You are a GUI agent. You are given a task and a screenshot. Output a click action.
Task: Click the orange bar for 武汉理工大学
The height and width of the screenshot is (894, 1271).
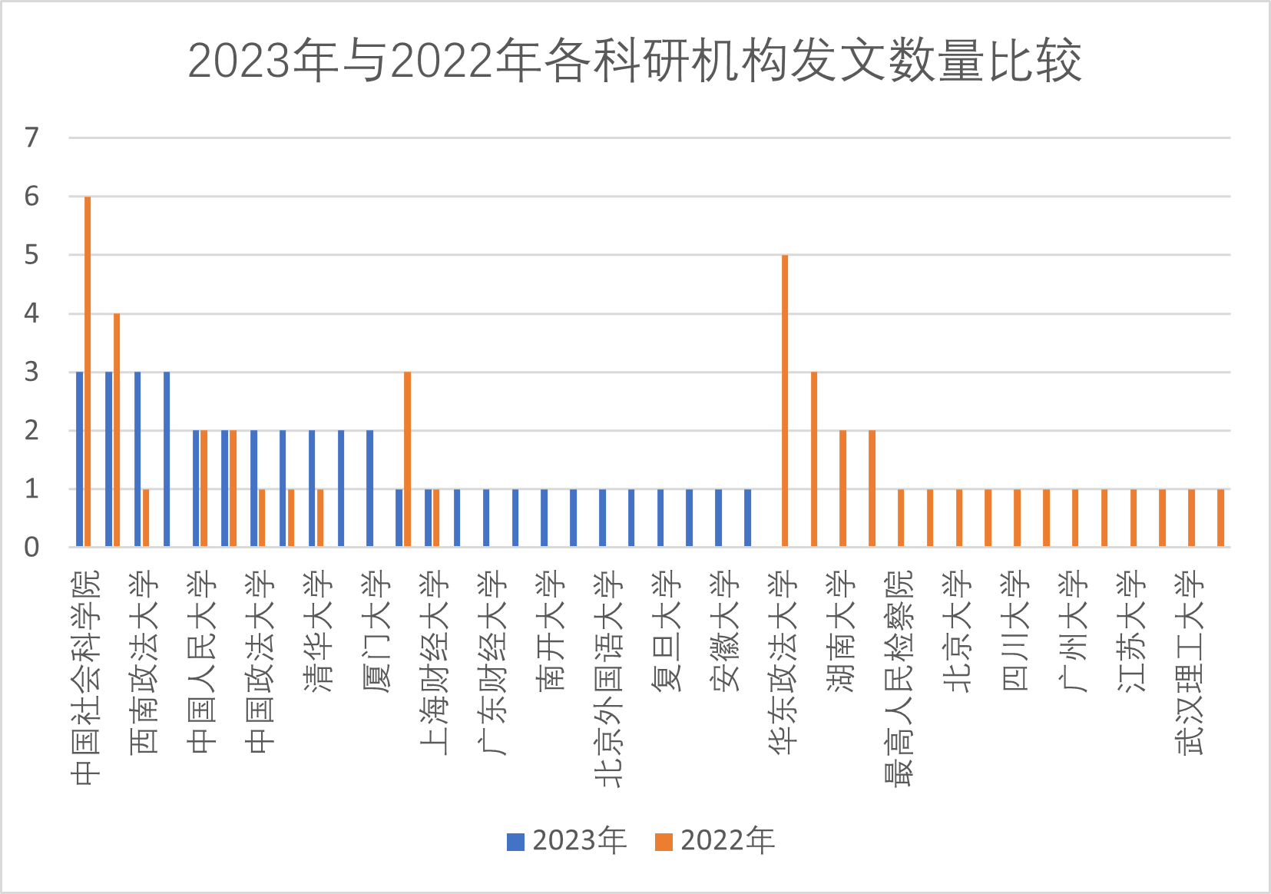pyautogui.click(x=1192, y=518)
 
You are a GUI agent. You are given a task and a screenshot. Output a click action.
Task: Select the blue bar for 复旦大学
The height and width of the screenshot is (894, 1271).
pyautogui.click(x=660, y=518)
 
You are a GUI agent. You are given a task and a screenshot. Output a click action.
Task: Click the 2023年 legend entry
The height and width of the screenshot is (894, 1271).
pyautogui.click(x=567, y=841)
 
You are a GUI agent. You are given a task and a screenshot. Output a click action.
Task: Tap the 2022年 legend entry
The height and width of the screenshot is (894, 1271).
pyautogui.click(x=715, y=841)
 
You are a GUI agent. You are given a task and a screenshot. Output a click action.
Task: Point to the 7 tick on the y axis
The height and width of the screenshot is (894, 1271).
pyautogui.click(x=31, y=138)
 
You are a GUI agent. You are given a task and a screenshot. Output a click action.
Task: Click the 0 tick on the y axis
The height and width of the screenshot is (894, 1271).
pyautogui.click(x=31, y=548)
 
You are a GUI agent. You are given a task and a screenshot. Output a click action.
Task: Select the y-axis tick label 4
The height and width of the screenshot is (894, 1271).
pyautogui.click(x=31, y=313)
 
